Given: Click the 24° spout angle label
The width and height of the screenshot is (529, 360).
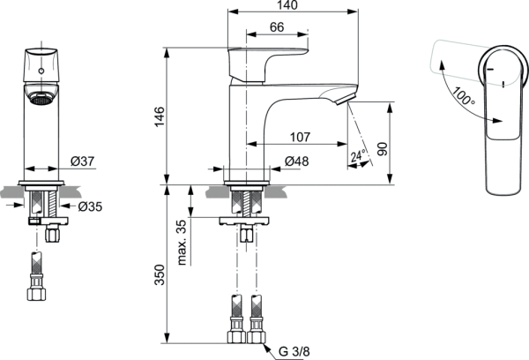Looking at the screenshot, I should pos(358,157).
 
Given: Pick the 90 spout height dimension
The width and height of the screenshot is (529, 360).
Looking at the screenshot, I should pos(383,147).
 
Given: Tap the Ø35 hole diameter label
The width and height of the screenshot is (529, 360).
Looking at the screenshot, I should pos(88,206).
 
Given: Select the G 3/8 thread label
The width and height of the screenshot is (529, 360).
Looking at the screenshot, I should pos(295,351).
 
